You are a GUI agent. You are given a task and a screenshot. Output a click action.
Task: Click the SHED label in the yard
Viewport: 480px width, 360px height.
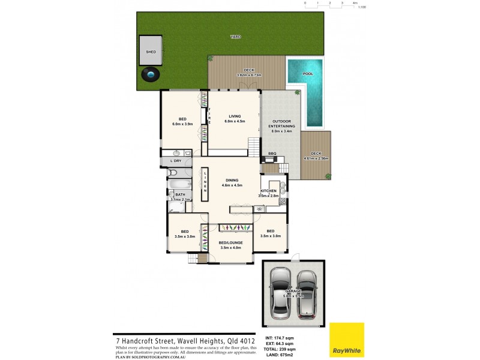pyautogui.click(x=151, y=52)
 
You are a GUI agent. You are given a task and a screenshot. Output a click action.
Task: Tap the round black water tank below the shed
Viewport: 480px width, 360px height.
pyautogui.click(x=151, y=75)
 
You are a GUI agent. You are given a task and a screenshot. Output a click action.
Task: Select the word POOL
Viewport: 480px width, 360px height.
pyautogui.click(x=308, y=74)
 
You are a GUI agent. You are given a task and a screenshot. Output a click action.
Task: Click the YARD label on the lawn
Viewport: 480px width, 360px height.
pyautogui.click(x=236, y=37)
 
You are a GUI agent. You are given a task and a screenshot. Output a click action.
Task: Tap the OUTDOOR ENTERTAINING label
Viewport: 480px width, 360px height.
pyautogui.click(x=282, y=124)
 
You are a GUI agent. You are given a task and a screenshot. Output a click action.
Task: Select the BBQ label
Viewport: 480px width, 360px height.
pyautogui.click(x=272, y=154)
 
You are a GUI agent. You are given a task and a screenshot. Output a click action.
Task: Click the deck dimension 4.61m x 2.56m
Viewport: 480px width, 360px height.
pyautogui.click(x=316, y=158)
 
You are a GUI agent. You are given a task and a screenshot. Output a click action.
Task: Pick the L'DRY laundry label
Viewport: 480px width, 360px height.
pyautogui.click(x=176, y=161)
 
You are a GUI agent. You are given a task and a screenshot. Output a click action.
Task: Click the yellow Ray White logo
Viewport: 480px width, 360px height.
pyautogui.click(x=346, y=340)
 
